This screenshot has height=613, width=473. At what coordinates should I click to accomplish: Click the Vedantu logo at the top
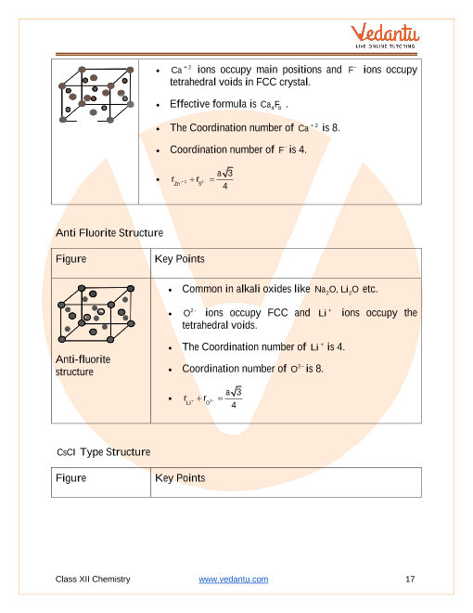pyautogui.click(x=384, y=35)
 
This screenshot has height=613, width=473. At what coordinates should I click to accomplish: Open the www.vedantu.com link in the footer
pyautogui.click(x=234, y=579)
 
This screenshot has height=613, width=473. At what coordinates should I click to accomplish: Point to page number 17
pyautogui.click(x=410, y=579)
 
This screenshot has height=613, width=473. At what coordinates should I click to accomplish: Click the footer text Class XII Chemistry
pyautogui.click(x=93, y=579)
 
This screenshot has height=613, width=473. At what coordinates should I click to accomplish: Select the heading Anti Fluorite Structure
pyautogui.click(x=109, y=232)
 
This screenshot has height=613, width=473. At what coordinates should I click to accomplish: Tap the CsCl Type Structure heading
pyautogui.click(x=104, y=452)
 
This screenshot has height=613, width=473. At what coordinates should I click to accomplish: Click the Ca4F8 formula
pyautogui.click(x=271, y=105)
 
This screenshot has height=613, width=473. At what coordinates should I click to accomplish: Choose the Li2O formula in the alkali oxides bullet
pyautogui.click(x=350, y=290)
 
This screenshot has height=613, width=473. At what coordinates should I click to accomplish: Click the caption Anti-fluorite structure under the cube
pyautogui.click(x=83, y=366)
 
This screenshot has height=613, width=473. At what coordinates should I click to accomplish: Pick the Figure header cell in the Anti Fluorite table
pyautogui.click(x=101, y=263)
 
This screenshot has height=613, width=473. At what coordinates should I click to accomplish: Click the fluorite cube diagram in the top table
pyautogui.click(x=96, y=95)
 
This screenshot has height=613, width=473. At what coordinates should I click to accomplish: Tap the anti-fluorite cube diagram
pyautogui.click(x=96, y=314)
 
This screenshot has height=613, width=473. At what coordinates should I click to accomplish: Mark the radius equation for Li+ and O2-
pyautogui.click(x=212, y=398)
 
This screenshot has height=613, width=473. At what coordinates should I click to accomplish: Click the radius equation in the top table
pyautogui.click(x=202, y=179)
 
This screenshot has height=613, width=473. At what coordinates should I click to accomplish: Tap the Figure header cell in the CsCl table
pyautogui.click(x=101, y=482)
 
